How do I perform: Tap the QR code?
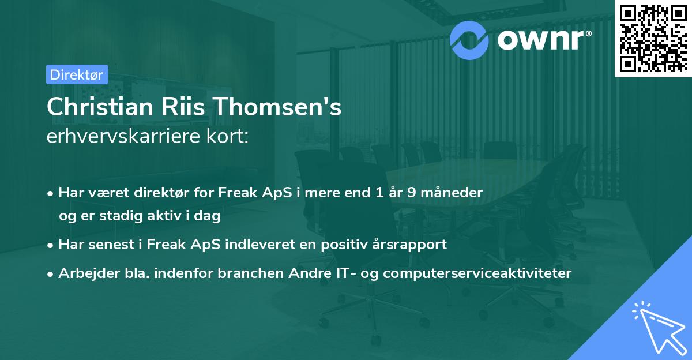coord(653,39)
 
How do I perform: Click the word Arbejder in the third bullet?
coord(83,273)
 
